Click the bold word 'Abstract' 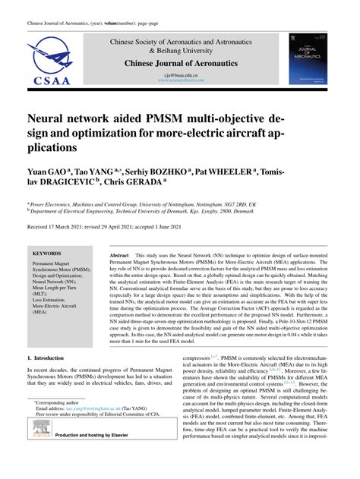click(119, 257)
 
